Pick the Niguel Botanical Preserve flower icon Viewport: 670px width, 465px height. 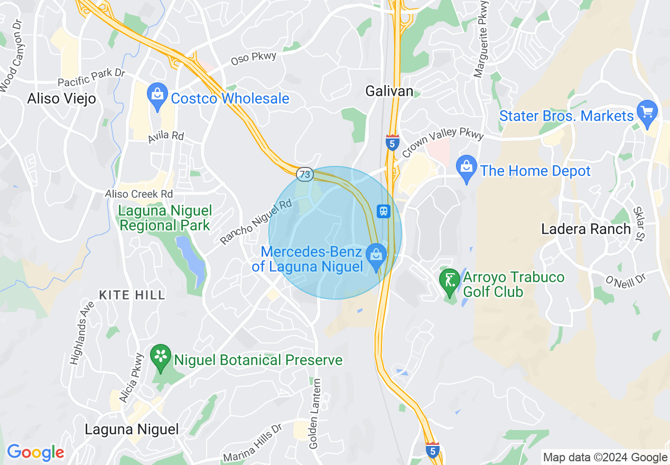point(161,357)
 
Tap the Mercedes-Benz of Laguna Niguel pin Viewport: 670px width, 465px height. point(376,256)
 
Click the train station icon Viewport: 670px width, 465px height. point(384,211)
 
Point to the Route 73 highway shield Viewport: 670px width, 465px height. point(305,174)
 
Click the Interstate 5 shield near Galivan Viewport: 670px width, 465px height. point(392,142)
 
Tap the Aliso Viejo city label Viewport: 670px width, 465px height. point(62,98)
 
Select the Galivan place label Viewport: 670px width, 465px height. point(389,91)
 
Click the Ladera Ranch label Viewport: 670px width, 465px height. point(586,229)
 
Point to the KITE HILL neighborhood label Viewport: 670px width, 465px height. point(132,294)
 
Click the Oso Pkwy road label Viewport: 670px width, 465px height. point(254,59)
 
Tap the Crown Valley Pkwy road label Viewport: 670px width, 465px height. point(443,142)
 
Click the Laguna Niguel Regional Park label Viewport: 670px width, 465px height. point(165,218)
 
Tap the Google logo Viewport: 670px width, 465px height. point(35,452)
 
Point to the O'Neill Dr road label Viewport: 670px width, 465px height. point(626,279)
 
